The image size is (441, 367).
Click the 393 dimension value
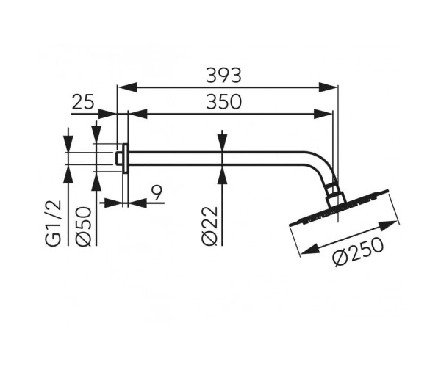223,75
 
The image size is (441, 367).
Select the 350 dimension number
223,102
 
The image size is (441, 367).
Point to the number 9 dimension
157,193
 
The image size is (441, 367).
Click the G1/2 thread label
53,223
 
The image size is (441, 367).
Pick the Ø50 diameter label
83,226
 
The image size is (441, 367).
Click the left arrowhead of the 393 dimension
128,87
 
